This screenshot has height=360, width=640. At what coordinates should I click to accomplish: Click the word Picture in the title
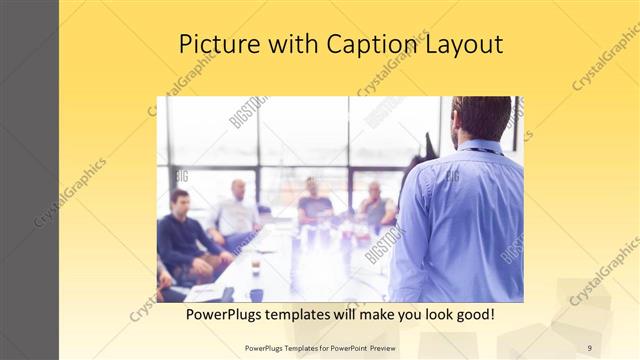click(215, 44)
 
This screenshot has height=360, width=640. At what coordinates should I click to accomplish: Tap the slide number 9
click(589, 348)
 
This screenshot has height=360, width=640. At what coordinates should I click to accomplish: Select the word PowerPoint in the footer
click(344, 348)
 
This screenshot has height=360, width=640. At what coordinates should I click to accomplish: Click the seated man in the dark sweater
click(180, 235)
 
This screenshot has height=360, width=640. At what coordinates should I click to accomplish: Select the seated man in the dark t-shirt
click(314, 205)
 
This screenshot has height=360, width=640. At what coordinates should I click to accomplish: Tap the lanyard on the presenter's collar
click(480, 149)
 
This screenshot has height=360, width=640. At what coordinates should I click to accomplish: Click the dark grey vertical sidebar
click(29, 180)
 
